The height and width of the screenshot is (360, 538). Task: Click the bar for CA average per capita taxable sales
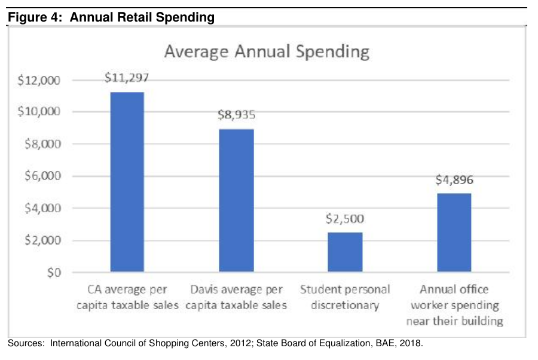(x=127, y=182)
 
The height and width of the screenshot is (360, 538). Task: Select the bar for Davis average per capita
(x=236, y=200)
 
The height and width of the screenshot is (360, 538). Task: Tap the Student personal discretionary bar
(x=345, y=252)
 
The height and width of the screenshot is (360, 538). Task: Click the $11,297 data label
(x=126, y=78)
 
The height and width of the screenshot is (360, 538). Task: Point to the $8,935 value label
(x=236, y=115)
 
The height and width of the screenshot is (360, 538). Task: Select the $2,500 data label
(x=345, y=218)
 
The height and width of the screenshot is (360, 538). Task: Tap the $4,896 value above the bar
(x=454, y=179)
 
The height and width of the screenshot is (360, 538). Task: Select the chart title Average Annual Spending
(x=267, y=51)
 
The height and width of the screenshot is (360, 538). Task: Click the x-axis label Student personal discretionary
(x=345, y=297)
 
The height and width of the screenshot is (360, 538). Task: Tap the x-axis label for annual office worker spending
(x=454, y=305)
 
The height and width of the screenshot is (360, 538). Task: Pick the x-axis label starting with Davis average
(x=236, y=297)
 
